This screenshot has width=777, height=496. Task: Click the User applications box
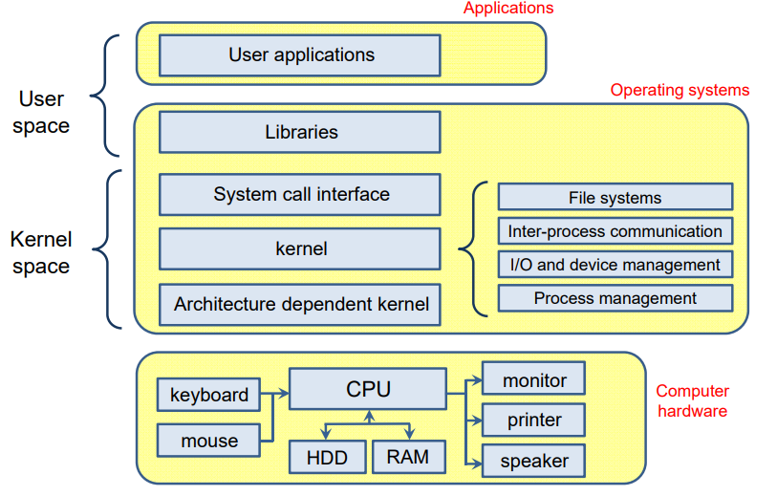pyautogui.click(x=299, y=55)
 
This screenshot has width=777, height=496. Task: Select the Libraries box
pyautogui.click(x=299, y=132)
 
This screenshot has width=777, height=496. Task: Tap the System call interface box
pyautogui.click(x=299, y=194)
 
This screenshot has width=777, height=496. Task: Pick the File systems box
pyautogui.click(x=615, y=198)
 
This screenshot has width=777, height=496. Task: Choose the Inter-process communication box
pyautogui.click(x=615, y=231)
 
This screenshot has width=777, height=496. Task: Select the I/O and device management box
pyautogui.click(x=615, y=265)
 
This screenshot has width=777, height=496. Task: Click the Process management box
pyautogui.click(x=615, y=298)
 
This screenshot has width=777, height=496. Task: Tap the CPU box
pyautogui.click(x=367, y=389)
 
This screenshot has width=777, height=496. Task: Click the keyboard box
pyautogui.click(x=208, y=395)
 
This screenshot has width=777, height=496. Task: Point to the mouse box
pyautogui.click(x=208, y=441)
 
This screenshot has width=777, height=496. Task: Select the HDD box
pyautogui.click(x=326, y=457)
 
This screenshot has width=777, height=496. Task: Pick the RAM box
pyautogui.click(x=408, y=457)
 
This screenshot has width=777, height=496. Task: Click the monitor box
pyautogui.click(x=533, y=379)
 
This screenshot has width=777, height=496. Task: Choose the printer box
pyautogui.click(x=533, y=420)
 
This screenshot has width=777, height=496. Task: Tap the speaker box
pyautogui.click(x=533, y=461)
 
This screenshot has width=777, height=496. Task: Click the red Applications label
pyautogui.click(x=507, y=9)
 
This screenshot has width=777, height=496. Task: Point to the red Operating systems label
pyautogui.click(x=680, y=91)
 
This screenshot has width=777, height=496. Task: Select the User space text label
pyautogui.click(x=41, y=112)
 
